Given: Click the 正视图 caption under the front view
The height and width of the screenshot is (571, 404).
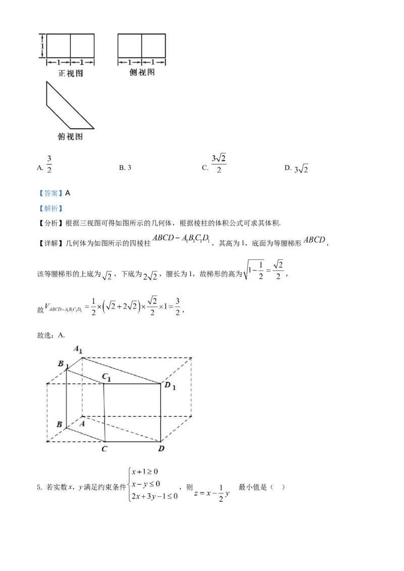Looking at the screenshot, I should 71,74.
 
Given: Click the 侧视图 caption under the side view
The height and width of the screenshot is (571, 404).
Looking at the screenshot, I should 142,73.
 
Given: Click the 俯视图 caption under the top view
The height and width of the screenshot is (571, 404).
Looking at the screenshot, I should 70,136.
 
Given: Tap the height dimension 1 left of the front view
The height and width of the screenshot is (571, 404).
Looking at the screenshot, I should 42,46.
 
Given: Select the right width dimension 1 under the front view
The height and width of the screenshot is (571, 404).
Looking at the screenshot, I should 82,63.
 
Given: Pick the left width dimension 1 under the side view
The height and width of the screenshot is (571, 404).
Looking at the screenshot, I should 130,63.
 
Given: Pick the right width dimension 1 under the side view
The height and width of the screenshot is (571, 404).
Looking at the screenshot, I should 154,63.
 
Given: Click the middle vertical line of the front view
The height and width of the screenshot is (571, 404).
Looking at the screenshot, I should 70,46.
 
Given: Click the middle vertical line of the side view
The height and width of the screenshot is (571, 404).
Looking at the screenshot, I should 141,46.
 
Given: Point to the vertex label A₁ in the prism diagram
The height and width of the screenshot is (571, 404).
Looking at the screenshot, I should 78,350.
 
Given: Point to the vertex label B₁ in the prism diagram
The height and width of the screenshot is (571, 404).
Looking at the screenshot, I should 62,364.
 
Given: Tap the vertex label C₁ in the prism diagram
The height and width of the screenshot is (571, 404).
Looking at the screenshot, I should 107,376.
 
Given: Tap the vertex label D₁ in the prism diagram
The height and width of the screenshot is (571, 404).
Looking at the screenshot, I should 170,386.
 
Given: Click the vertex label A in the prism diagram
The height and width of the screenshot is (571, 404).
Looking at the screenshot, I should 82,424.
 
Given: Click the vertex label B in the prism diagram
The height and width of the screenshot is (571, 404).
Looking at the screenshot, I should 59,425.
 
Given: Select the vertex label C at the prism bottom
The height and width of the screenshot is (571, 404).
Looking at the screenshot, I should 104,448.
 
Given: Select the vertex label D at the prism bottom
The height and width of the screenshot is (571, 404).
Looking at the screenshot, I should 161,448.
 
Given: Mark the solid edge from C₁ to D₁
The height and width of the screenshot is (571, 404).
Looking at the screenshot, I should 132,384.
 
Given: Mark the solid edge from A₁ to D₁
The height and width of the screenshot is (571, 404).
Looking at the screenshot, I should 121,371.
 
